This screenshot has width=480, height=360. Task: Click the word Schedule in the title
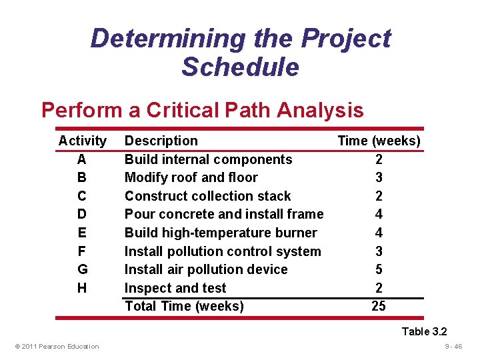(240, 67)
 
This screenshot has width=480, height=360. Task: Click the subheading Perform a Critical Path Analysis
(202, 109)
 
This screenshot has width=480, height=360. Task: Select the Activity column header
(82, 141)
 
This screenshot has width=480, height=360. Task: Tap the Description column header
(161, 141)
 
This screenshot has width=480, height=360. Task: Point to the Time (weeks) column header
(379, 141)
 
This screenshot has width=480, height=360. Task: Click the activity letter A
(81, 159)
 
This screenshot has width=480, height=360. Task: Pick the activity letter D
(81, 214)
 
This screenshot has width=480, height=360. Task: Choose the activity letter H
(81, 288)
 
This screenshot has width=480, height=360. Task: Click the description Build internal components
(208, 159)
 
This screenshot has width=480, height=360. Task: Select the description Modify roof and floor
(191, 177)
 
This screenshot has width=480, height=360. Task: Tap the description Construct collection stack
(207, 196)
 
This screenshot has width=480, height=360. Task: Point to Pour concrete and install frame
(223, 214)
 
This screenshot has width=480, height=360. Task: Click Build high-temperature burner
(221, 233)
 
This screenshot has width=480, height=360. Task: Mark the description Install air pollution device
(206, 269)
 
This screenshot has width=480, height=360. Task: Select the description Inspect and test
(175, 288)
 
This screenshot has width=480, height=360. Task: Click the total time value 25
(379, 306)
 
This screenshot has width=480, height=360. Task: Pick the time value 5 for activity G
(379, 269)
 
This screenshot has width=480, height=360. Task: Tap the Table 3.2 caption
(424, 331)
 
